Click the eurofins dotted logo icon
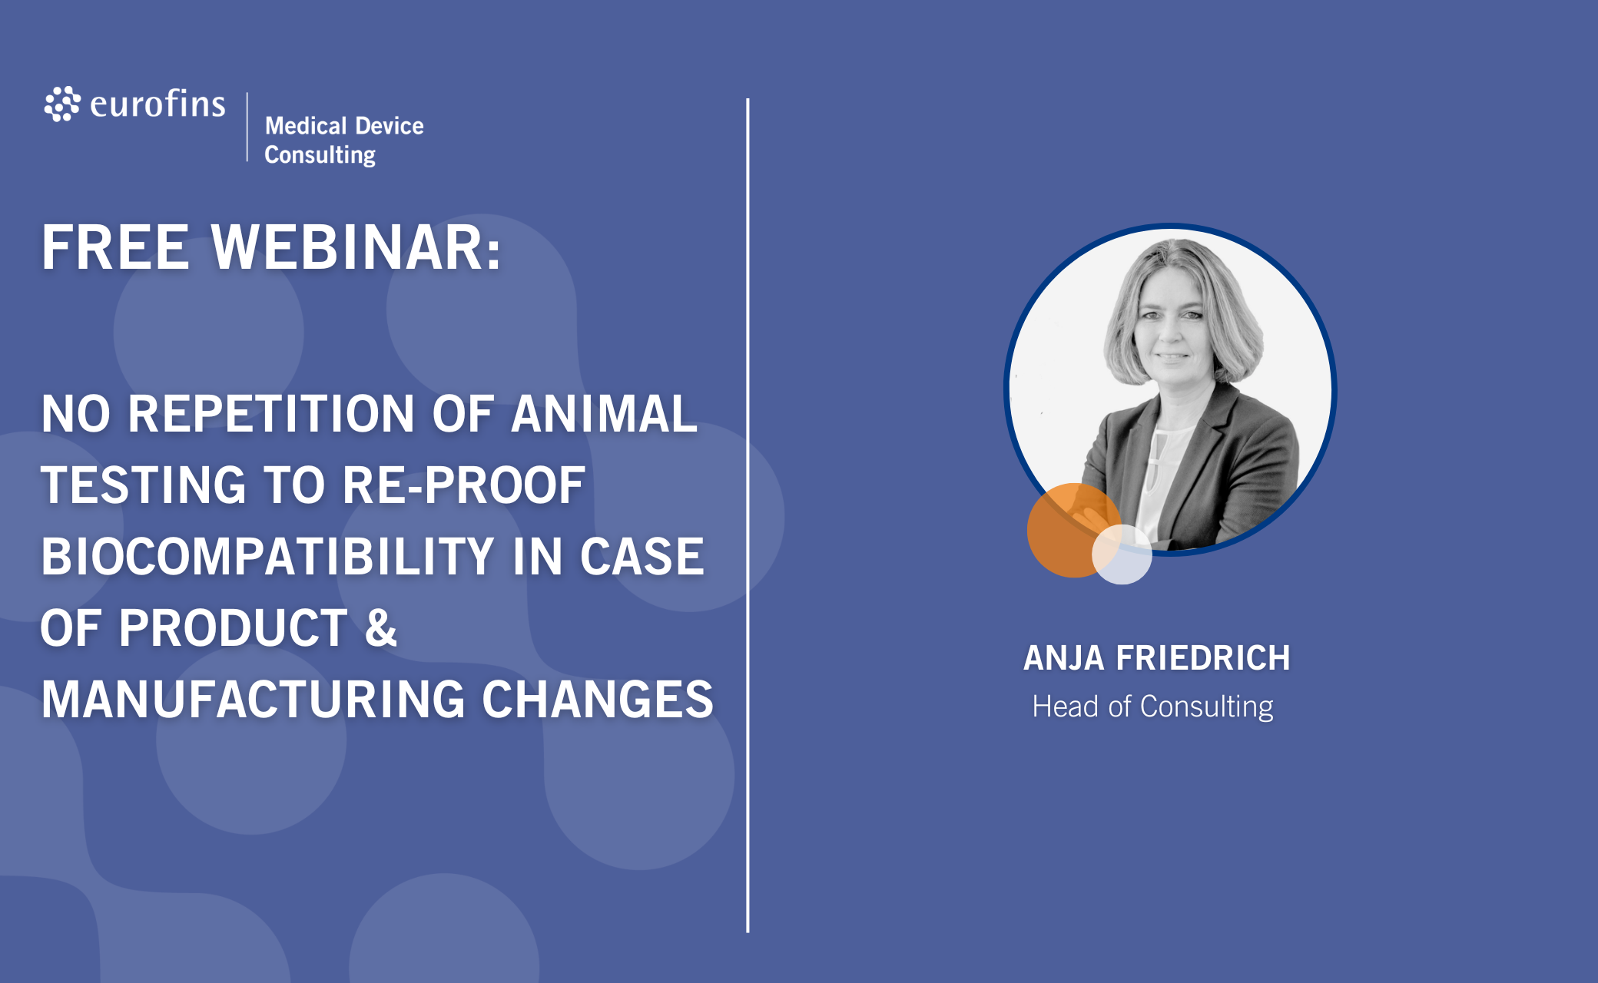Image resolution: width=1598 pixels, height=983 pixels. (x=62, y=104)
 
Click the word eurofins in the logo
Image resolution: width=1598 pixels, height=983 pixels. (x=157, y=104)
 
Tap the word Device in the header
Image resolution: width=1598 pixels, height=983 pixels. (x=390, y=125)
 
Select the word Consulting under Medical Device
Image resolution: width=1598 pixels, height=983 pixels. (x=320, y=154)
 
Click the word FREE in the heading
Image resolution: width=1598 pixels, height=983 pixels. (x=115, y=247)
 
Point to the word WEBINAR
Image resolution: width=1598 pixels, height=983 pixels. (x=356, y=247)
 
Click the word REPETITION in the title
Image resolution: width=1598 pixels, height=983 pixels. (x=271, y=414)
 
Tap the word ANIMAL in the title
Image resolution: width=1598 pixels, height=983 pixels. (x=604, y=414)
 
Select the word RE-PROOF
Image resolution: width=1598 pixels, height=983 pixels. (x=463, y=485)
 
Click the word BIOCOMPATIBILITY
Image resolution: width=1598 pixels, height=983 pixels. (x=267, y=557)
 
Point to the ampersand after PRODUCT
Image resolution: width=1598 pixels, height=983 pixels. (x=380, y=627)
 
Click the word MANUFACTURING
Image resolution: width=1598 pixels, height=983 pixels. (x=254, y=700)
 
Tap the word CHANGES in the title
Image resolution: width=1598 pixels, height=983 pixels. (x=598, y=700)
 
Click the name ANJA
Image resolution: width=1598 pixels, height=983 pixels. (x=1064, y=658)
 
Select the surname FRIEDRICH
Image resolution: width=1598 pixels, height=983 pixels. (x=1203, y=658)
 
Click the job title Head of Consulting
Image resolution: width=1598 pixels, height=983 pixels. (x=1152, y=707)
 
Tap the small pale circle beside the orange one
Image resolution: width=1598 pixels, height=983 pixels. (x=1122, y=554)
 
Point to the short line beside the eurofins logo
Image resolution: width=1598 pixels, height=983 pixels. (x=247, y=127)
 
